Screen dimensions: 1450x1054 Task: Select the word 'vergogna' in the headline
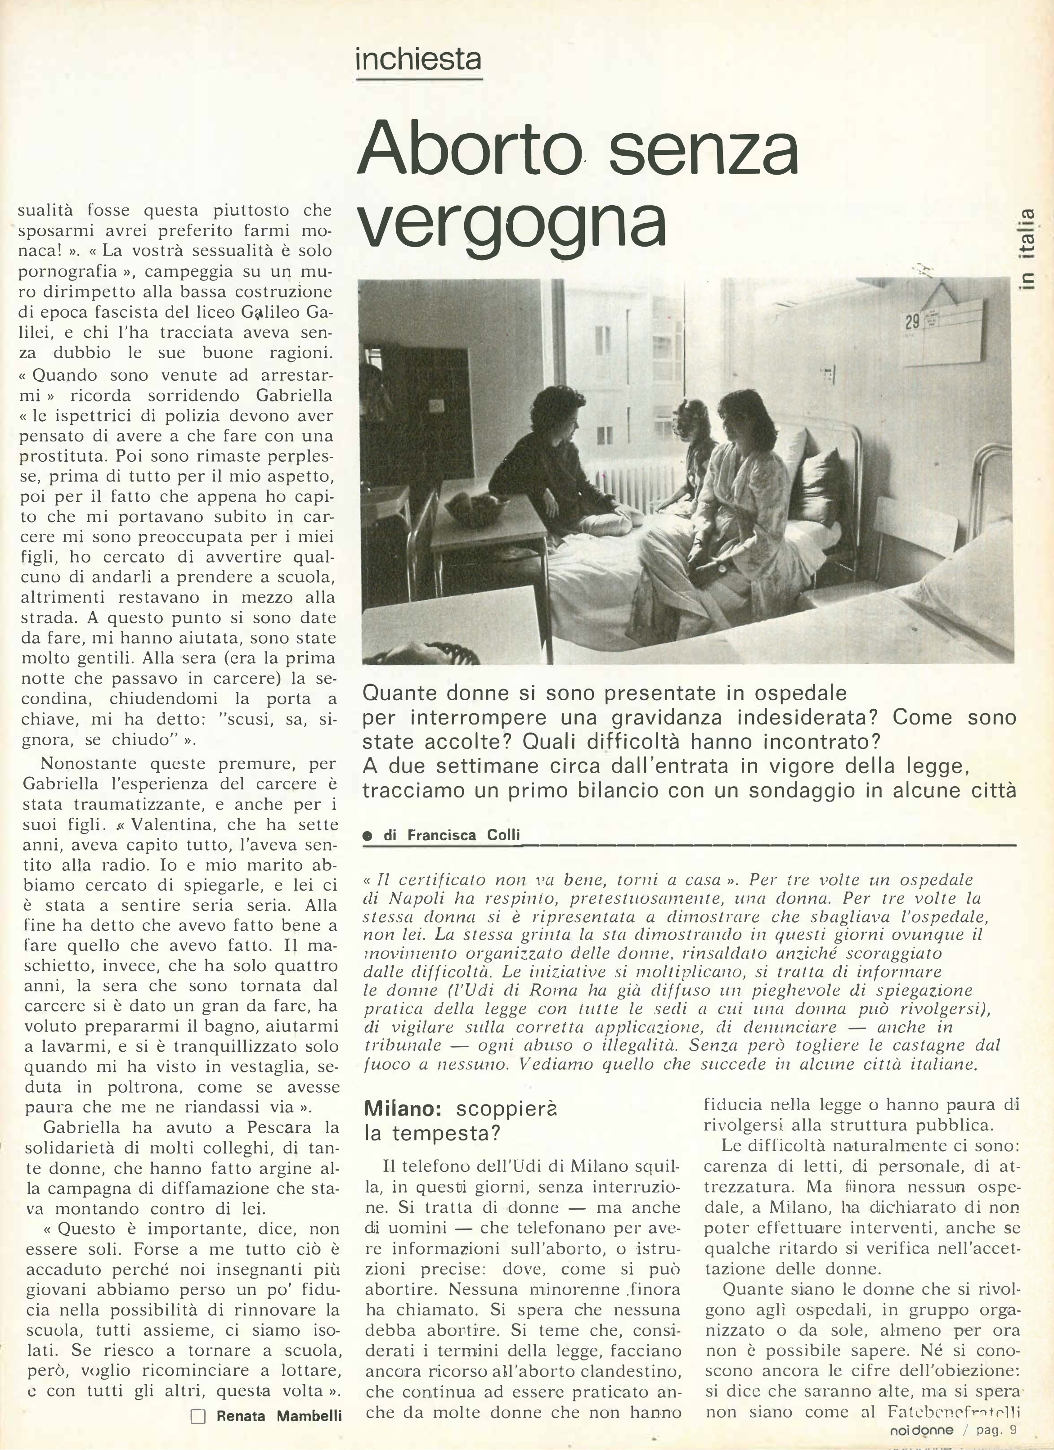(x=512, y=224)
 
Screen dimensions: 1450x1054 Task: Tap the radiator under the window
(x=633, y=490)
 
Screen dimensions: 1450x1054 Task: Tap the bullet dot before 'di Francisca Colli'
(x=367, y=836)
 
